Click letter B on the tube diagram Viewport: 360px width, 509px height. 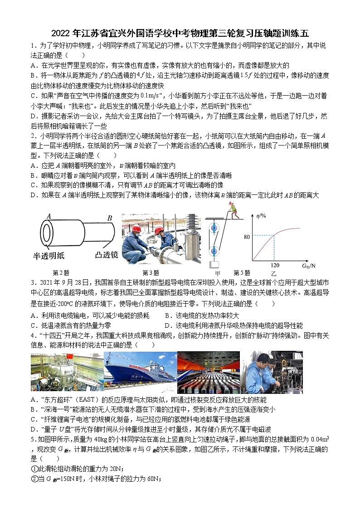[109, 218]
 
